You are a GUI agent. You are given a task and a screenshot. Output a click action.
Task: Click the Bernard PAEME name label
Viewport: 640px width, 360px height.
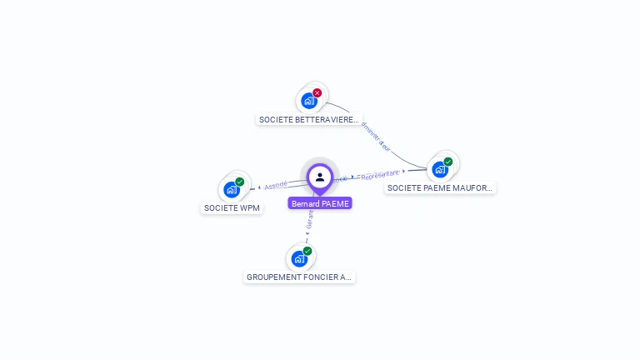[x=320, y=203]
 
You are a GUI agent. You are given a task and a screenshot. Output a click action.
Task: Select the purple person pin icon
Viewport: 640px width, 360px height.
[x=320, y=177]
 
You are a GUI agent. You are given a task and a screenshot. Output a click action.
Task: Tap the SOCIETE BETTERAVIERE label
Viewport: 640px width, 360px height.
[x=308, y=120]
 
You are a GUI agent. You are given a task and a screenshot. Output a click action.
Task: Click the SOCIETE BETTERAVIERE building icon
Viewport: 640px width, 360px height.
[x=309, y=102]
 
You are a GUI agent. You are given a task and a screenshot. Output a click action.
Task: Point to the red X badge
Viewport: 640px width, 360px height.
[x=317, y=93]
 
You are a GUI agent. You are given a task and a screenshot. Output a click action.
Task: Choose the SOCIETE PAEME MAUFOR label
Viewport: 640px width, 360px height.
[x=440, y=188]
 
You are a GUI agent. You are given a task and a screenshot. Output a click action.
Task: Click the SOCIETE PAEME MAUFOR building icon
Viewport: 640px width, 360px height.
[x=440, y=169]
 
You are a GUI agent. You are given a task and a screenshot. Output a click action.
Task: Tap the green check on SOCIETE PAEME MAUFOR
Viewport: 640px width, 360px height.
[x=448, y=162]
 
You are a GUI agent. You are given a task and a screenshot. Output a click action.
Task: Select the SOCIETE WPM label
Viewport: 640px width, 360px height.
[x=232, y=208]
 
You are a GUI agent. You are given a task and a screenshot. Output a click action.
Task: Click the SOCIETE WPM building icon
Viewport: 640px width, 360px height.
[x=232, y=189]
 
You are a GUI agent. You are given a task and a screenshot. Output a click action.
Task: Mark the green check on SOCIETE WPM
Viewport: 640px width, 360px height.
[x=240, y=182]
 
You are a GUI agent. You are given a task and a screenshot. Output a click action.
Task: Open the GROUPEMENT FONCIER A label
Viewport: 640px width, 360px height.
[x=299, y=277]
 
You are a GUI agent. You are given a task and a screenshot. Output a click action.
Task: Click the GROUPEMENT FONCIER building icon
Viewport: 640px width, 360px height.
[x=299, y=258]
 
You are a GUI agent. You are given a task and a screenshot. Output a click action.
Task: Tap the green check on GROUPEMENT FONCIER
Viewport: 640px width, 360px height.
[x=307, y=251]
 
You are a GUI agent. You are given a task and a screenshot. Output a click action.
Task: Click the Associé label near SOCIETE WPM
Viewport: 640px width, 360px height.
[x=276, y=185]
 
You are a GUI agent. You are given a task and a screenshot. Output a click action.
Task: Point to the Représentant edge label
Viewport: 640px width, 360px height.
[x=380, y=174]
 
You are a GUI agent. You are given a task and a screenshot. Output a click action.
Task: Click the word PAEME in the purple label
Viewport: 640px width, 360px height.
[x=336, y=203]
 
